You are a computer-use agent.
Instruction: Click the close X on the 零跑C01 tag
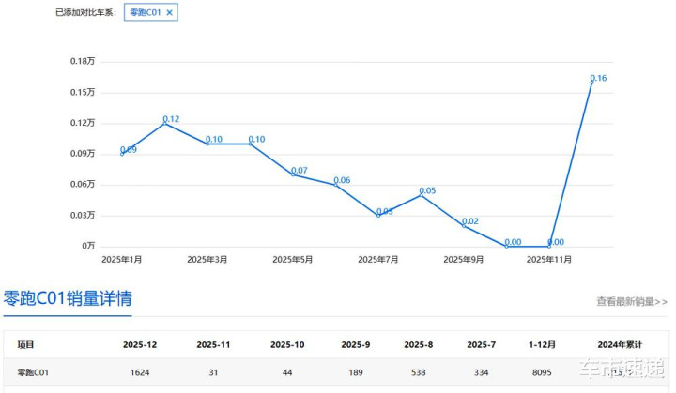[x=169, y=13]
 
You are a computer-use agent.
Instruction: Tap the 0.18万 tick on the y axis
[x=83, y=61]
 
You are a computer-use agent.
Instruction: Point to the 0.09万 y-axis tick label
[x=83, y=153]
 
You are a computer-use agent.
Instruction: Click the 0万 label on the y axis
[x=88, y=246]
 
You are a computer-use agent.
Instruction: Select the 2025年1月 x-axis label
[x=122, y=259]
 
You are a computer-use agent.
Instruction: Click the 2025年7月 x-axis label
[x=378, y=259]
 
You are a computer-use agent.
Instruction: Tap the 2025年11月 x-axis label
[x=549, y=259]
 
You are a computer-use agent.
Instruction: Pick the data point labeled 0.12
[x=164, y=123]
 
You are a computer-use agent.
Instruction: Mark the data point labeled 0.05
[x=421, y=194]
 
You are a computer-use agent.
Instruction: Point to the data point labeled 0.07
[x=293, y=174]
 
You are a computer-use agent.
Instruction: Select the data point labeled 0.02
[x=464, y=225]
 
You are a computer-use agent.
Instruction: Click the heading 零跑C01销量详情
[x=68, y=299]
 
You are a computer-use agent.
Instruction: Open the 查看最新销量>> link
[x=632, y=302]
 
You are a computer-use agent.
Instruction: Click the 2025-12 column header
[x=140, y=345]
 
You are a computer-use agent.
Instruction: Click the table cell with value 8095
[x=544, y=372]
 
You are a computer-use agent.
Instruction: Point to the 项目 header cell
[x=26, y=345]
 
